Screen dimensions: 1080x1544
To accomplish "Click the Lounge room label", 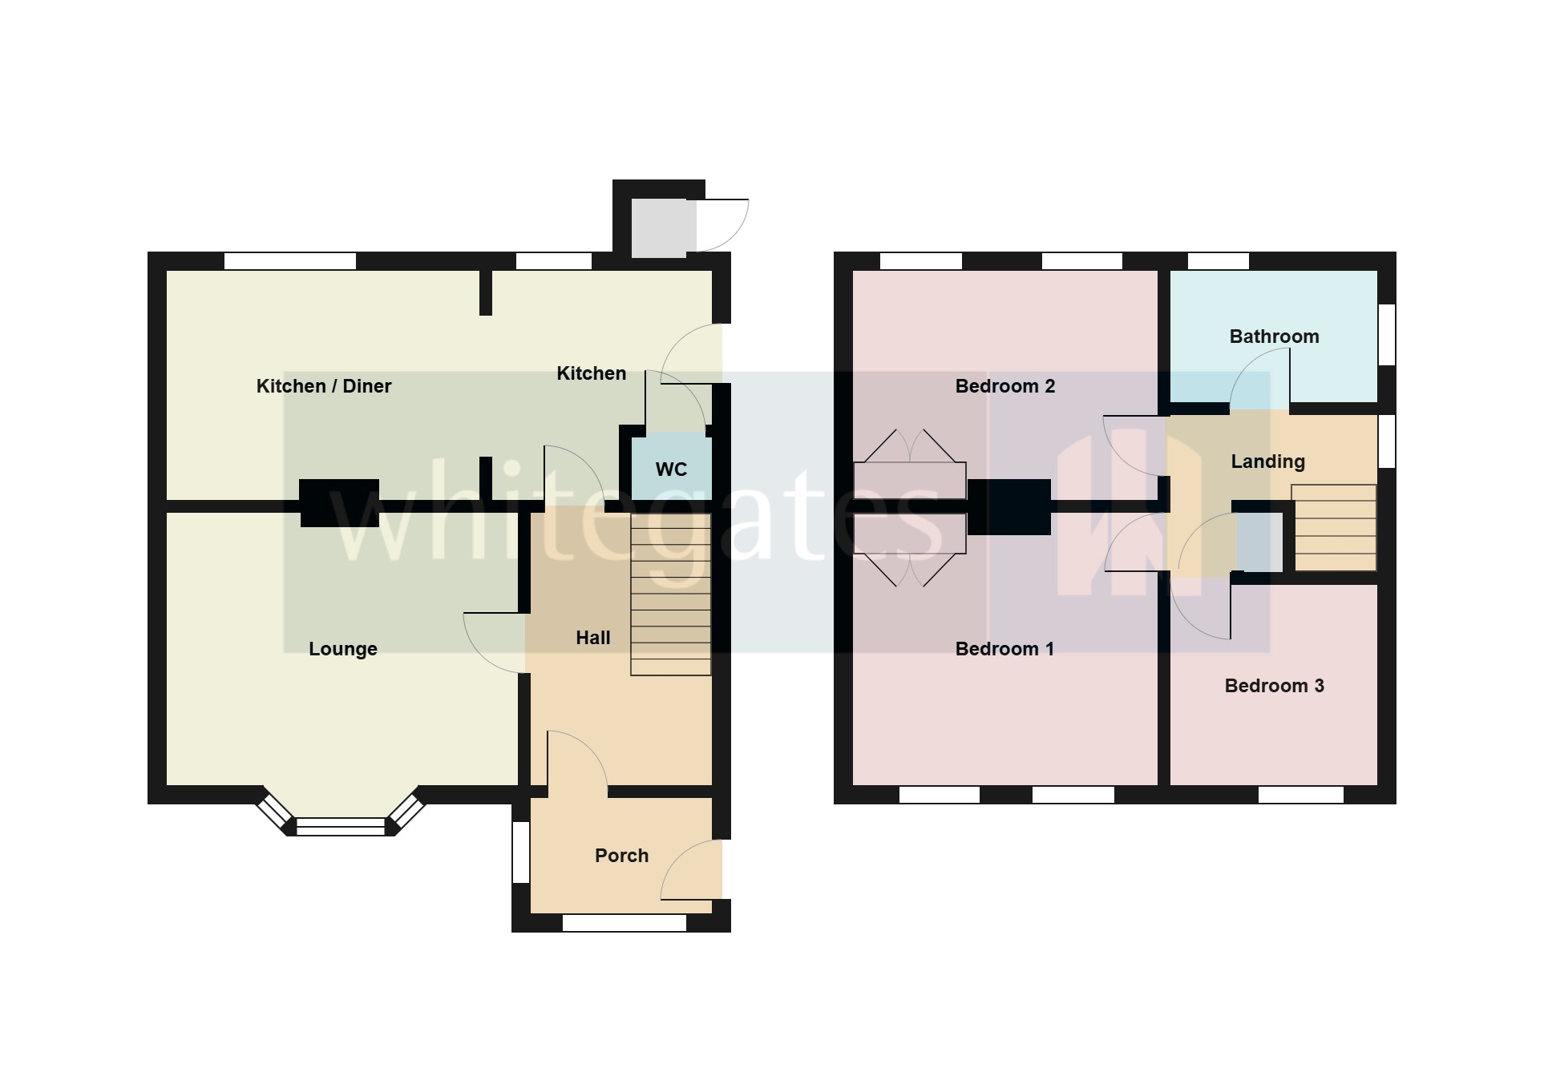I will [342, 649].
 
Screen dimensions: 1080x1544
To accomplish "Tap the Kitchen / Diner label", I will [324, 386].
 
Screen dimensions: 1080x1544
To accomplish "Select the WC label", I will [671, 469].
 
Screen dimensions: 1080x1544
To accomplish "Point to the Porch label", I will [621, 856].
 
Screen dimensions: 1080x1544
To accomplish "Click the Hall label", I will [592, 638].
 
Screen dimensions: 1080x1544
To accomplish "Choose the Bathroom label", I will [1274, 336].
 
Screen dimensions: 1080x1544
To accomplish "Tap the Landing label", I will [1267, 461].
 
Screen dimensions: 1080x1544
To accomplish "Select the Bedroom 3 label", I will [1274, 686].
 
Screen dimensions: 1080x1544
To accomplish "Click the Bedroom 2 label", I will [1004, 386].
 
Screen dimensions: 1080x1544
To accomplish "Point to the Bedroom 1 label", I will [1004, 649].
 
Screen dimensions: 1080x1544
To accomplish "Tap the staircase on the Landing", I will [1334, 528].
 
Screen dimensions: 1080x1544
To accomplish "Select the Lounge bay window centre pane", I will [341, 826].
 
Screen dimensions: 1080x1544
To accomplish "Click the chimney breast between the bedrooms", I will [1008, 506].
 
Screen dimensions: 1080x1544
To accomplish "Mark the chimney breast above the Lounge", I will [339, 503].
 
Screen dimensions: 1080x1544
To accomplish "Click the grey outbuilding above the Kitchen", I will [663, 228].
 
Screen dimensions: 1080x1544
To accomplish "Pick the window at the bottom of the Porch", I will [624, 923].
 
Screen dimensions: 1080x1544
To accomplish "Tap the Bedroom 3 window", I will [1300, 795].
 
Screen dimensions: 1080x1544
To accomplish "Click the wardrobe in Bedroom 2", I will [909, 480].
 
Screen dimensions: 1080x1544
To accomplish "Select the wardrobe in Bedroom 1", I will [909, 534].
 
